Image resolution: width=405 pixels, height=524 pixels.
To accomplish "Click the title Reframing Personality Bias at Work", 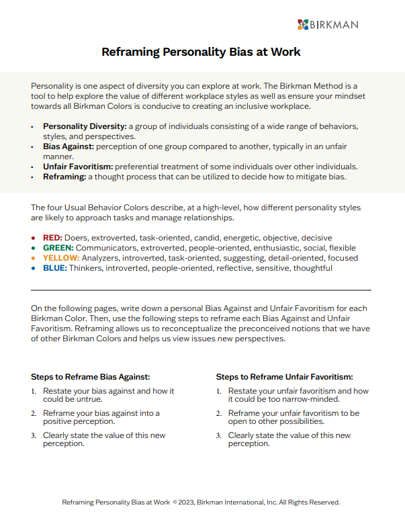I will click(x=201, y=52).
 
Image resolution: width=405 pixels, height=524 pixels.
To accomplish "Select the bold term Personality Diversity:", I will click(x=85, y=126).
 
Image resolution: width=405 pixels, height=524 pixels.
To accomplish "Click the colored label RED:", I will click(x=53, y=238).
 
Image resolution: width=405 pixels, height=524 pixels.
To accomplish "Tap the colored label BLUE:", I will click(x=55, y=268).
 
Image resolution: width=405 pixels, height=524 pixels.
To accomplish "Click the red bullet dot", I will click(x=34, y=238).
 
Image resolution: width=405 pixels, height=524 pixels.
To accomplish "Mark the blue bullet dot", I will click(x=34, y=268).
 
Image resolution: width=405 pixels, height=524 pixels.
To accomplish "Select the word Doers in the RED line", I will click(x=78, y=238).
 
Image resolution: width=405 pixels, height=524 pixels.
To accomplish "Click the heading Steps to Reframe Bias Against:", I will click(x=90, y=377).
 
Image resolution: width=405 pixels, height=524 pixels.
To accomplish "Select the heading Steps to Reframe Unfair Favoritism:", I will click(x=284, y=377).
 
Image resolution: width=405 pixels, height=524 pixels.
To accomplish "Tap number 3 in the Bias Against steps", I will click(x=34, y=436).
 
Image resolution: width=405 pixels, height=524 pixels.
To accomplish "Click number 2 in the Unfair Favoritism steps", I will click(x=218, y=413).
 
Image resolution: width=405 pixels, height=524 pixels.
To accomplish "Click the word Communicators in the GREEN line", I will click(x=109, y=248).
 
